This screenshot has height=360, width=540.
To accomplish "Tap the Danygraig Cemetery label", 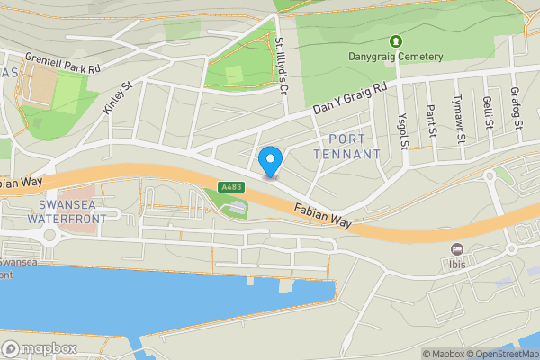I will click(x=396, y=57).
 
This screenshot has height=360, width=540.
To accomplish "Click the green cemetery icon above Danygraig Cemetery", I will click(x=395, y=41).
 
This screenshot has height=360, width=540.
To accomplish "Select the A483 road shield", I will click(x=231, y=187).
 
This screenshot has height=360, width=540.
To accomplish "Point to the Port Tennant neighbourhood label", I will click(x=347, y=147).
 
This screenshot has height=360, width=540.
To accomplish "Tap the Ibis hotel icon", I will click(x=457, y=249).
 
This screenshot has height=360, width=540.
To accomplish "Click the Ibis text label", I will click(x=457, y=265).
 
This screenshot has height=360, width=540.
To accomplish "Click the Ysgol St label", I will click(x=403, y=130).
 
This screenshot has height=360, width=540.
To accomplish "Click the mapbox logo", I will click(x=37, y=348).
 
